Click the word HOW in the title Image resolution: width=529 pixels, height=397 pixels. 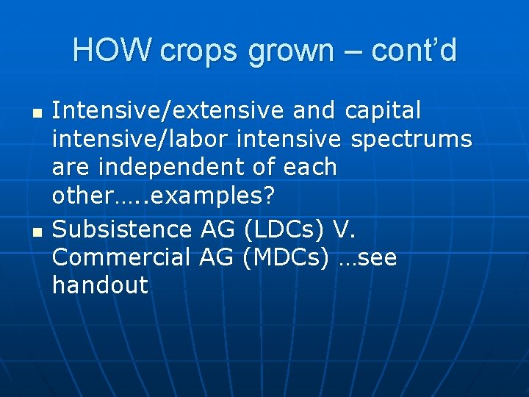[x=112, y=51]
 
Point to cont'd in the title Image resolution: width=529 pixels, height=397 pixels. [x=414, y=51]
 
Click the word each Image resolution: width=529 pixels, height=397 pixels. [x=307, y=167]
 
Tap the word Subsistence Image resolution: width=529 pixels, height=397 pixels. [x=122, y=229]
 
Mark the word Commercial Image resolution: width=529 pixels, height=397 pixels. [x=121, y=257]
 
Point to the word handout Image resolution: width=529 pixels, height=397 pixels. [x=100, y=285]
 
